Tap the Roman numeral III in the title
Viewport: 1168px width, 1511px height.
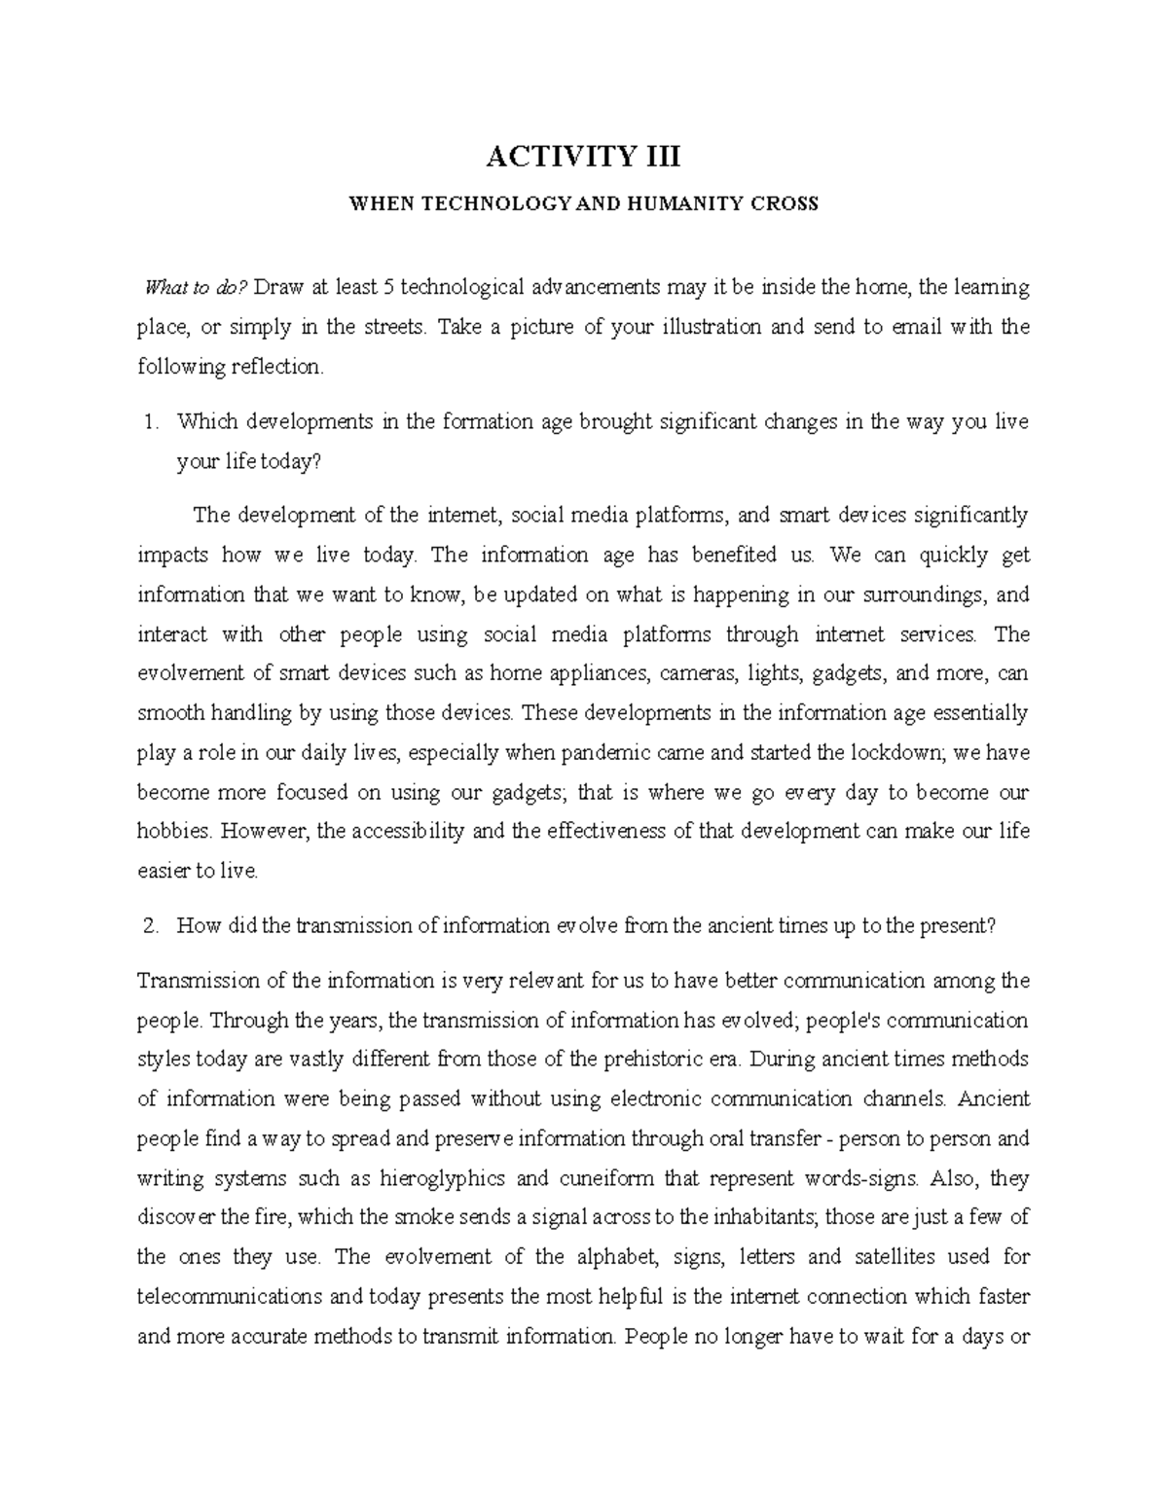(657, 156)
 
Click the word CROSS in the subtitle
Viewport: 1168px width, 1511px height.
(787, 204)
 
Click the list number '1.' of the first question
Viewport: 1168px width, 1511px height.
(149, 422)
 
